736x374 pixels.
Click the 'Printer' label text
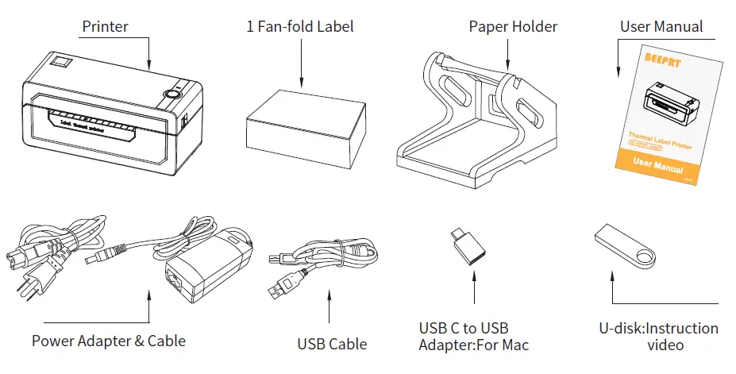click(105, 26)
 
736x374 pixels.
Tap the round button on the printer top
click(170, 94)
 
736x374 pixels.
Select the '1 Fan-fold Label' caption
click(299, 26)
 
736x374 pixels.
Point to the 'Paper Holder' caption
click(513, 26)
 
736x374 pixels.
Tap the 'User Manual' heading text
click(661, 26)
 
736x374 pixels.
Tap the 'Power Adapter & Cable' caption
click(109, 341)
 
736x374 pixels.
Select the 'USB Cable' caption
click(332, 344)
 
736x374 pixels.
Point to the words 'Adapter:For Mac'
click(473, 345)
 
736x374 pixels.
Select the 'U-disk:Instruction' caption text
click(658, 329)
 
